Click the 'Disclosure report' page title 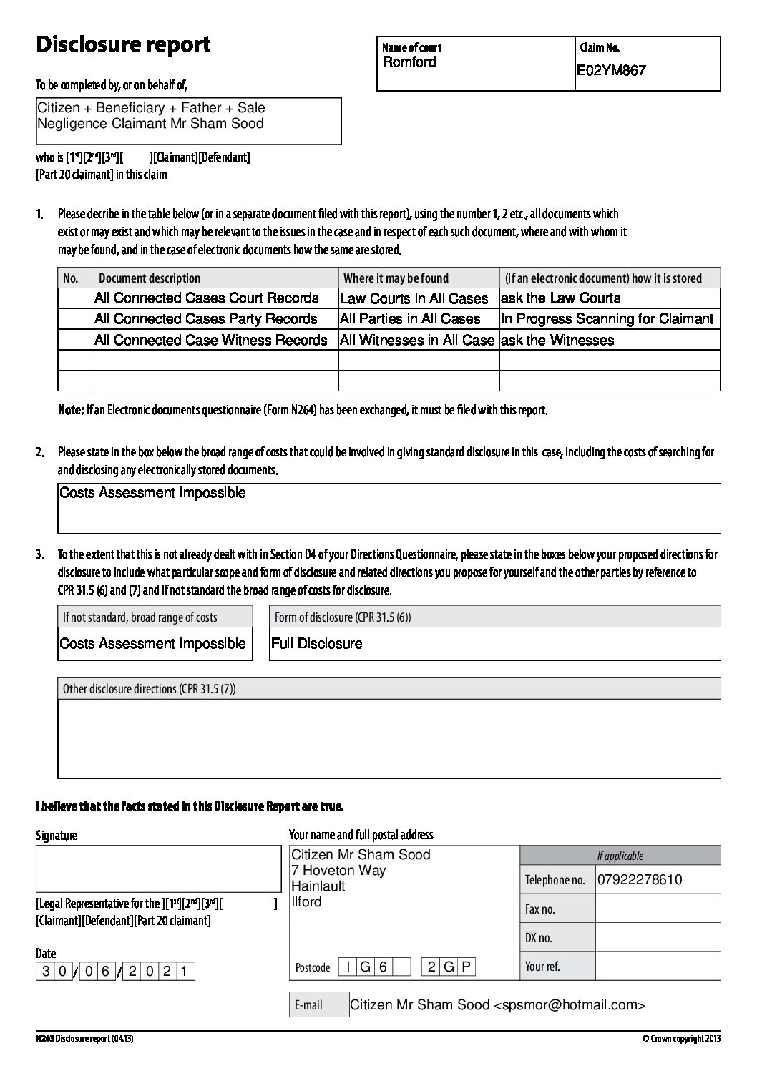123,45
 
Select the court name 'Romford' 409,62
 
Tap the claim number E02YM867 612,71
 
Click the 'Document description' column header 150,278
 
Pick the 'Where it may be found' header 396,278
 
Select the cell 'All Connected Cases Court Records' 207,298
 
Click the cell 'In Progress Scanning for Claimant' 607,319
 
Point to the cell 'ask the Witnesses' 557,341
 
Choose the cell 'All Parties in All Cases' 410,319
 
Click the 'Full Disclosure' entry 317,644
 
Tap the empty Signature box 158,868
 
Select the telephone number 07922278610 640,880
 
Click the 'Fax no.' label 539,909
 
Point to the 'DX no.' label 539,938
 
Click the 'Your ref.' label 542,967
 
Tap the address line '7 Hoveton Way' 338,871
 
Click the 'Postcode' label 313,968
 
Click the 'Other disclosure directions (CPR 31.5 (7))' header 150,689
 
